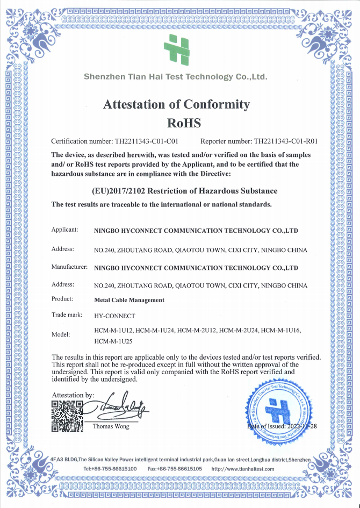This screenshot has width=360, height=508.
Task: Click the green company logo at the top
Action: pos(177,48)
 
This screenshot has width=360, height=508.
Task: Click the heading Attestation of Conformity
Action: pos(176,104)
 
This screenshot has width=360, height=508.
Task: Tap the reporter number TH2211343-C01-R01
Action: pos(285,142)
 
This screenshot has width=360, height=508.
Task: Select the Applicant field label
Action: pos(65,230)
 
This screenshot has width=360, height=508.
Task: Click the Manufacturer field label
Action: pos(69,267)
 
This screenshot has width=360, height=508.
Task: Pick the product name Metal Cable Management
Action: pos(129,300)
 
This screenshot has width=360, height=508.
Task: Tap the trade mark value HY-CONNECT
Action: pos(114,316)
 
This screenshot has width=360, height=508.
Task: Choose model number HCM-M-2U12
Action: pos(197,330)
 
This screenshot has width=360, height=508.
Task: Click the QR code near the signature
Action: pos(67,417)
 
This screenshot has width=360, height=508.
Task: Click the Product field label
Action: pos(62,299)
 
